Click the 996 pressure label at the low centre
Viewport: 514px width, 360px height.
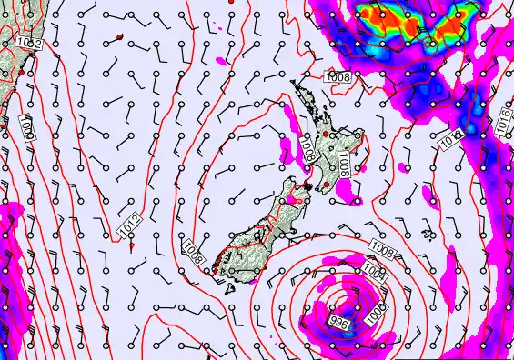click(x=338, y=323)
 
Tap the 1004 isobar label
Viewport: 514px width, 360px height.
click(x=376, y=269)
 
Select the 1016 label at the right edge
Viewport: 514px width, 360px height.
click(x=505, y=118)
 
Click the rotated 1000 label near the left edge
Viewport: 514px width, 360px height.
click(x=25, y=133)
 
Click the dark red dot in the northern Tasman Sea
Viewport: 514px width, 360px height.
click(x=119, y=37)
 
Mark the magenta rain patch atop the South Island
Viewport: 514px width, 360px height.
click(x=292, y=195)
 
